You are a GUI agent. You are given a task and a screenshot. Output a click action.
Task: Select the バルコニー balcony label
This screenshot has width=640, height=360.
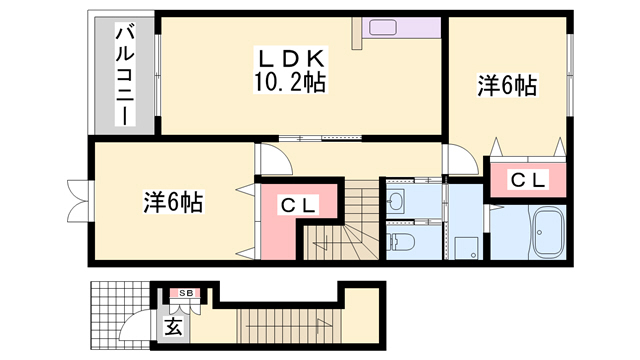pyautogui.click(x=124, y=75)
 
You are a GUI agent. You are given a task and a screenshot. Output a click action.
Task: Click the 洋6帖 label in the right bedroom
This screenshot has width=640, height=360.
pyautogui.click(x=507, y=87)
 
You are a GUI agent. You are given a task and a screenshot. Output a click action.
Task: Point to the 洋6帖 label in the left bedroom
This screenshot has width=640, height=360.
pyautogui.click(x=173, y=202)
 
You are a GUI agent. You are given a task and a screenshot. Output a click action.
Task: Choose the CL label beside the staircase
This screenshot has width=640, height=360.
pyautogui.click(x=297, y=205)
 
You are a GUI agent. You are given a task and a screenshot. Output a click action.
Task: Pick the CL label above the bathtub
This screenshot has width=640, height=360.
pyautogui.click(x=528, y=179)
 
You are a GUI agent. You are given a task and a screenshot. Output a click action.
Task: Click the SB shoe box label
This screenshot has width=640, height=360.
pyautogui.click(x=186, y=293)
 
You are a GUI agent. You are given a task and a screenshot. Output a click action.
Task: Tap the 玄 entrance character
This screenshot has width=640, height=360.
pyautogui.click(x=173, y=325)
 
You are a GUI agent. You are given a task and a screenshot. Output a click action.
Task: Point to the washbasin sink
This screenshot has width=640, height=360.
pyautogui.click(x=397, y=201)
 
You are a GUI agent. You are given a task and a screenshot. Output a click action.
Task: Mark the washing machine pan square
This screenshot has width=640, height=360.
pyautogui.click(x=465, y=245)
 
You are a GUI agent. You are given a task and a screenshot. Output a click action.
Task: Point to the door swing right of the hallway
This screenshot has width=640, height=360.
pyautogui.click(x=462, y=160)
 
